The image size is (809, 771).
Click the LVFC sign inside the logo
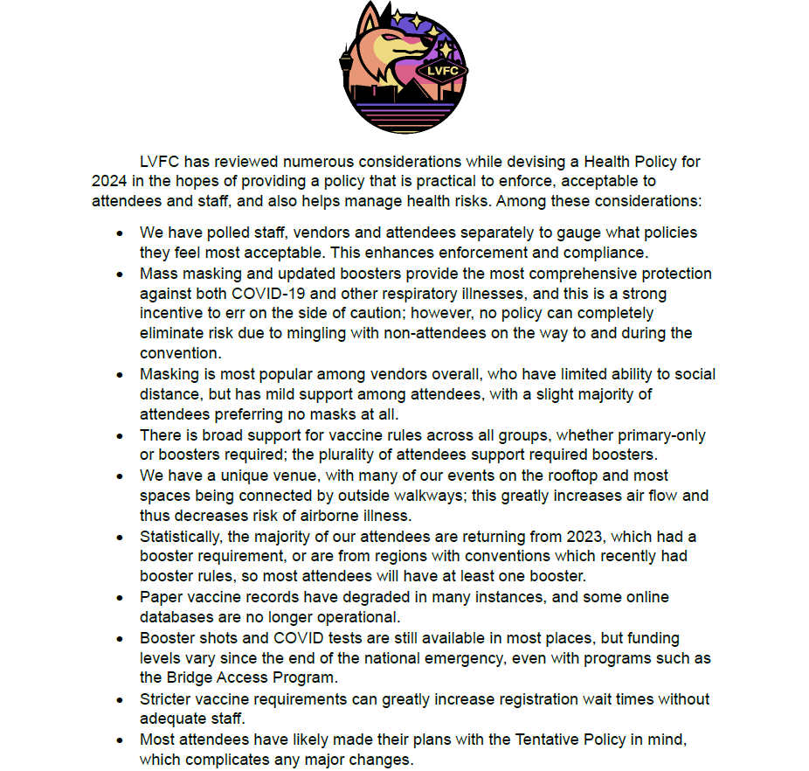pos(443,71)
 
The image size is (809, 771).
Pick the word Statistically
pos(180,536)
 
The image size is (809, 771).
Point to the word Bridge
pos(190,677)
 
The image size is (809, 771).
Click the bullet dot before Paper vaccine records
pos(121,598)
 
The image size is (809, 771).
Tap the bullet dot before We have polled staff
pos(121,234)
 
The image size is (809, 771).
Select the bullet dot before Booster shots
pos(121,638)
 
